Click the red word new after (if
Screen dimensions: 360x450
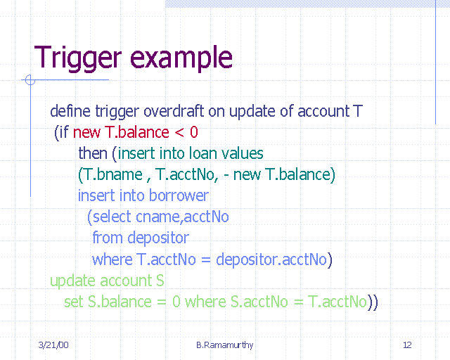pyautogui.click(x=87, y=132)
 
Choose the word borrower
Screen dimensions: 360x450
pyautogui.click(x=182, y=195)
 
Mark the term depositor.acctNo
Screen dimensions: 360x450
pyautogui.click(x=271, y=259)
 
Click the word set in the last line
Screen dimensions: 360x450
pyautogui.click(x=73, y=302)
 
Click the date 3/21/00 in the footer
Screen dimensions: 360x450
pyautogui.click(x=53, y=345)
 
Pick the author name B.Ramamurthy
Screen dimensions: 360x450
pyautogui.click(x=224, y=345)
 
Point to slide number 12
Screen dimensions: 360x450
pyautogui.click(x=407, y=345)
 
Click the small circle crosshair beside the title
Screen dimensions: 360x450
pyautogui.click(x=30, y=80)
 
